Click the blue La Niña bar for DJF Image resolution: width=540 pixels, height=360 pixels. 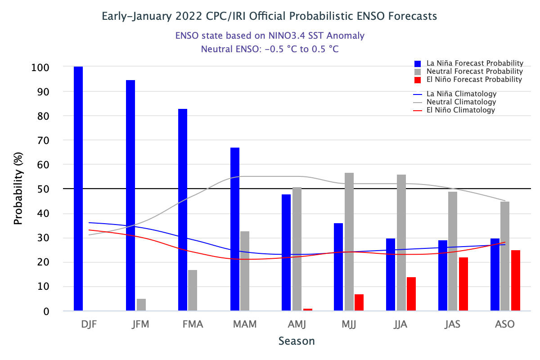click(78, 189)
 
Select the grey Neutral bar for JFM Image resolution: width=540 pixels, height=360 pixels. click(141, 305)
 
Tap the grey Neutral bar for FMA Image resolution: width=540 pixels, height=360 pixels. click(193, 290)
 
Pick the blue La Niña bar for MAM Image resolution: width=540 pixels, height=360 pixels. click(235, 229)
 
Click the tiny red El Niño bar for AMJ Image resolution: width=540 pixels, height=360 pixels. click(308, 310)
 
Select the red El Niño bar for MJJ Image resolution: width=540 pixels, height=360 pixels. click(359, 302)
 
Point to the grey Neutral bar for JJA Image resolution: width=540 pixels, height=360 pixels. click(401, 243)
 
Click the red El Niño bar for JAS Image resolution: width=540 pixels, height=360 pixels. click(463, 284)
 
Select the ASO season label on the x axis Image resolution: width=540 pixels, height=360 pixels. click(504, 324)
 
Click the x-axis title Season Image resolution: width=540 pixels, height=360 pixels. click(297, 341)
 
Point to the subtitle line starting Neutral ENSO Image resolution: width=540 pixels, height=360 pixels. click(270, 49)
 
